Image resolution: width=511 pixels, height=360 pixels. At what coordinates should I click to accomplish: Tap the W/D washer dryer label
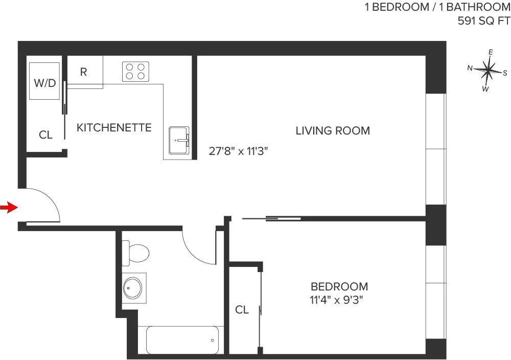[x=45, y=82]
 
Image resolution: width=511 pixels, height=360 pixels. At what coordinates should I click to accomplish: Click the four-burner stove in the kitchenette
[x=135, y=72]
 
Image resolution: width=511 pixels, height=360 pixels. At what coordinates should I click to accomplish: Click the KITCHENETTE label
[x=114, y=127]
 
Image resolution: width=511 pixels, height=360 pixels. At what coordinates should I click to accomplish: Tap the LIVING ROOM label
[x=333, y=130]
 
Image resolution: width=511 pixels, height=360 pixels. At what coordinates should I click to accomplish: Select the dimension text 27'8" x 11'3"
[x=239, y=151]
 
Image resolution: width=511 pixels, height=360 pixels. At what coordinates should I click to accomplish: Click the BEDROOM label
[x=339, y=286]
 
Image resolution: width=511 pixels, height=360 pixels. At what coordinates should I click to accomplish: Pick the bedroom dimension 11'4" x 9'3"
[x=339, y=299]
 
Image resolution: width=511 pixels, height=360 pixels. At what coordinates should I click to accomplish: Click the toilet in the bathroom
[x=136, y=252]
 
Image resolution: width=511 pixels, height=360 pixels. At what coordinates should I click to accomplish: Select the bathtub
[x=182, y=340]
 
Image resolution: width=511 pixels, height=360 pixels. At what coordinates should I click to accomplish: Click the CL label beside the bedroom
[x=242, y=310]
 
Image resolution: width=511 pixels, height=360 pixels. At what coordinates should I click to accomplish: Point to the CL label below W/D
[x=46, y=135]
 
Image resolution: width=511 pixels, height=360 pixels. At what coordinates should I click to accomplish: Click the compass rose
[x=488, y=71]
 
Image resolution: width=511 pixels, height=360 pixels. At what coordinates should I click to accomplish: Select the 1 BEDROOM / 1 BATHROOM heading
[x=437, y=8]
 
